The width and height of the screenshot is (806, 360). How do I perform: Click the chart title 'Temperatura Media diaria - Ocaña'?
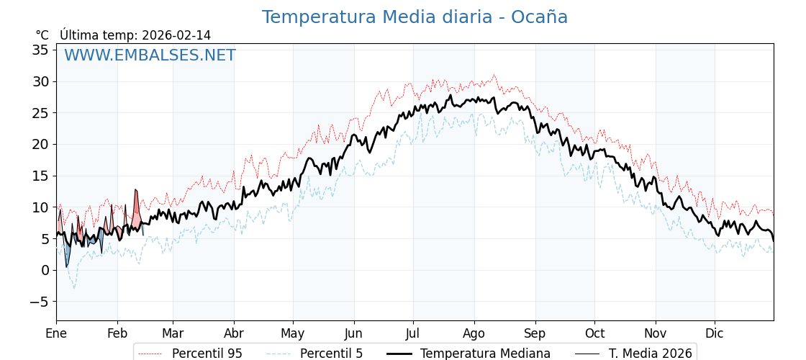(415, 17)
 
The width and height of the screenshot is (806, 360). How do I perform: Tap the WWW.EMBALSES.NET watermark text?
(150, 55)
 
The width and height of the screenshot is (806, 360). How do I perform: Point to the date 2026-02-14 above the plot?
(176, 35)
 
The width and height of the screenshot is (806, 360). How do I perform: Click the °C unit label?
(42, 35)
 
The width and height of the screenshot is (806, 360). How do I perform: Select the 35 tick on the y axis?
(40, 50)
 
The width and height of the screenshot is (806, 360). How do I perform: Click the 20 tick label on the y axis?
(40, 144)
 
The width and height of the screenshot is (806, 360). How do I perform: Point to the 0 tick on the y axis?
(45, 270)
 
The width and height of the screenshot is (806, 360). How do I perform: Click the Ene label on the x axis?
(56, 333)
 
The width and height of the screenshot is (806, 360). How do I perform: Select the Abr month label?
(234, 333)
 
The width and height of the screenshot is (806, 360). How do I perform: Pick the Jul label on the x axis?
(413, 333)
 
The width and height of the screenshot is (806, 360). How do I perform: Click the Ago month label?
(474, 333)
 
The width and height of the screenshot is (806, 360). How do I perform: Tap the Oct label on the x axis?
(594, 333)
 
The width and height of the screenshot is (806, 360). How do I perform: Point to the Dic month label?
(715, 333)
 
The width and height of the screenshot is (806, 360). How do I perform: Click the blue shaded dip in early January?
(67, 254)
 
